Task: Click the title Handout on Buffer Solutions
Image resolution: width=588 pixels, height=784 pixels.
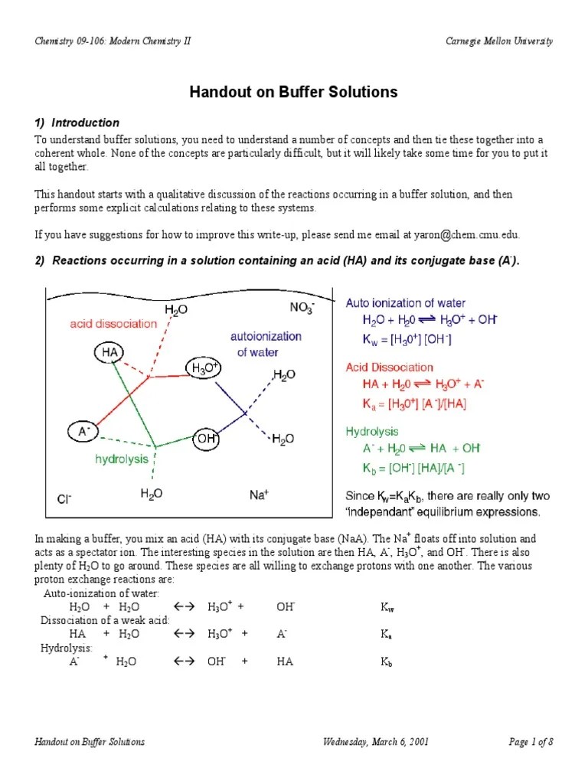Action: tap(294, 92)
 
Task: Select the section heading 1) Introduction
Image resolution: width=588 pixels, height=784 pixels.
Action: tap(77, 122)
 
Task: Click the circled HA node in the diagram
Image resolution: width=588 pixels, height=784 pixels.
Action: tap(107, 351)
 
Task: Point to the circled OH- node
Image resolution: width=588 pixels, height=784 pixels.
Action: tap(207, 439)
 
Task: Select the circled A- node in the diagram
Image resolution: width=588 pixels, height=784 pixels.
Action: tap(83, 431)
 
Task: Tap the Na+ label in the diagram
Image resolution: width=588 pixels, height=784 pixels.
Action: tap(258, 495)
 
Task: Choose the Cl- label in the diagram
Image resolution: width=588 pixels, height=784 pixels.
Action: tap(64, 499)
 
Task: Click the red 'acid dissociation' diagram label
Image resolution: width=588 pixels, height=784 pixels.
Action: tap(113, 324)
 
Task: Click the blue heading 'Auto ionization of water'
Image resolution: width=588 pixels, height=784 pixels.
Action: tap(405, 303)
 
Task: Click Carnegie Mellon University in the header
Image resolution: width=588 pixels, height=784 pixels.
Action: tap(499, 41)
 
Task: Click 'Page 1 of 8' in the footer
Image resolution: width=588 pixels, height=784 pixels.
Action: tap(531, 742)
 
